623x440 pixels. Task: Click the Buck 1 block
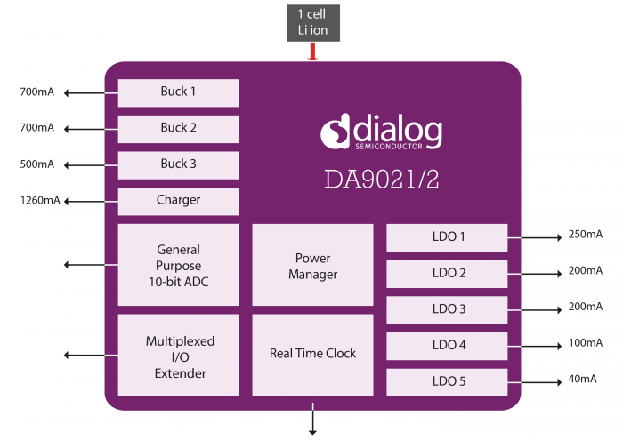(x=178, y=92)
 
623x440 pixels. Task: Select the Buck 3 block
(x=178, y=164)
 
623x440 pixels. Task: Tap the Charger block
(x=178, y=201)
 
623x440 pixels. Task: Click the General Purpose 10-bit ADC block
(x=178, y=265)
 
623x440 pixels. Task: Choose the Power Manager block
(x=312, y=266)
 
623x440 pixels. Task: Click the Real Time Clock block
(x=312, y=354)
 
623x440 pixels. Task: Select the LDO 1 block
(x=447, y=237)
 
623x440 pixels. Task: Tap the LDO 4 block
(x=447, y=346)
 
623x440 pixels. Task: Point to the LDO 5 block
(x=447, y=382)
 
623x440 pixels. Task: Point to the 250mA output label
(x=585, y=236)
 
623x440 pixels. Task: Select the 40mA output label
(x=582, y=380)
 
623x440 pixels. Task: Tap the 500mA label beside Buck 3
(x=37, y=164)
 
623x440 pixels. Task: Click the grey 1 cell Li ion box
(x=312, y=22)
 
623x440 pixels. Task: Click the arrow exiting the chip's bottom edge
(x=312, y=420)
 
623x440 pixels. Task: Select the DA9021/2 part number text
(x=381, y=180)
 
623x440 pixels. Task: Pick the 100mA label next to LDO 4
(x=585, y=343)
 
